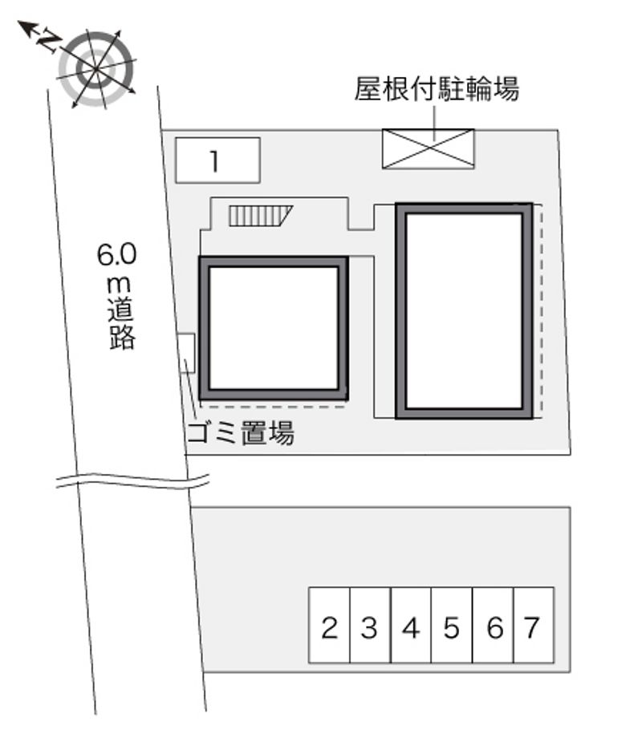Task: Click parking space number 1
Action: tap(217, 160)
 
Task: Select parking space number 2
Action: tap(329, 625)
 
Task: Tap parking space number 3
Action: tap(370, 625)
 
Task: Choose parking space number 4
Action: tap(411, 625)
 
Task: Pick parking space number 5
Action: tap(452, 625)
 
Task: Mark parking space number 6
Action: tap(494, 625)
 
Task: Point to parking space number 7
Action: tap(534, 625)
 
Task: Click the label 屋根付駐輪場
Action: tap(437, 89)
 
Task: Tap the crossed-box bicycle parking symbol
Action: tap(429, 148)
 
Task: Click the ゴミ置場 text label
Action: tap(241, 433)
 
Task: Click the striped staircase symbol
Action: tap(260, 216)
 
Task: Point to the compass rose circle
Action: tap(96, 69)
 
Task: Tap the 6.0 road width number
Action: tap(117, 254)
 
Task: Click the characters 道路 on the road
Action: tap(121, 325)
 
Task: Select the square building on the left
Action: tap(274, 328)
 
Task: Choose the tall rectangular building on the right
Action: tap(464, 311)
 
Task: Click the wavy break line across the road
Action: tap(132, 480)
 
